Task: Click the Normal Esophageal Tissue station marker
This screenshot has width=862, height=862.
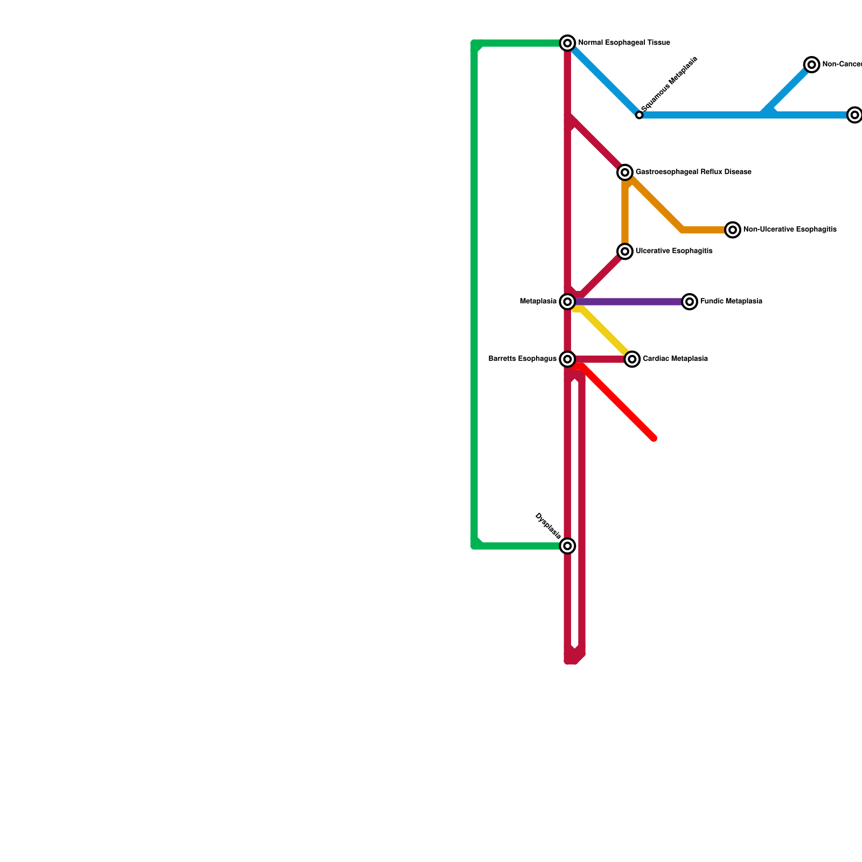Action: point(567,43)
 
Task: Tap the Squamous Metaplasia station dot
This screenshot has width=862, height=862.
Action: point(639,115)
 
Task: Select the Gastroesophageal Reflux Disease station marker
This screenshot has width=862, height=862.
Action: point(625,172)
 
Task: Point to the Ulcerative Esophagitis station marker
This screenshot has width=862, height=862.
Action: point(625,251)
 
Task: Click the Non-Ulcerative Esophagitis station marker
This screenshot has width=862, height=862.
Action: point(733,230)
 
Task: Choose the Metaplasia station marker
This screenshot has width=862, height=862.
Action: point(567,302)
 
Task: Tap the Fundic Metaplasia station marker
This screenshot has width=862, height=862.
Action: point(690,302)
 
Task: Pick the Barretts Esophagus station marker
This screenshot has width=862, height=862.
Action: point(567,359)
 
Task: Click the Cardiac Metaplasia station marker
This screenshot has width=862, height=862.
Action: point(632,359)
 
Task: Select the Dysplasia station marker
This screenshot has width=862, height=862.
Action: point(567,546)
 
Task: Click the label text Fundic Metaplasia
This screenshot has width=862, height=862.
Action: point(731,302)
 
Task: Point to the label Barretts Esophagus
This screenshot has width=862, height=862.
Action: point(522,359)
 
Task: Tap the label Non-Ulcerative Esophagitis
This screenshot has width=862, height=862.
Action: point(790,230)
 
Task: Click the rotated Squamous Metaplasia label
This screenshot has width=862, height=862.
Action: point(670,84)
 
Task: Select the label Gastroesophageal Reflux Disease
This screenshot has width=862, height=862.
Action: point(693,172)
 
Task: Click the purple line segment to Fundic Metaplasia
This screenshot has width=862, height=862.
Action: point(630,302)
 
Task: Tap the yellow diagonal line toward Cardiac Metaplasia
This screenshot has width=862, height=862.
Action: point(603,331)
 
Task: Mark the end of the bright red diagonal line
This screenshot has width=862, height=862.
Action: point(654,438)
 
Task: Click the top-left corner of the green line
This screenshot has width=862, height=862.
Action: point(475,44)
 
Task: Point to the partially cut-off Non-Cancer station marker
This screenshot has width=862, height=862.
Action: point(811,65)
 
